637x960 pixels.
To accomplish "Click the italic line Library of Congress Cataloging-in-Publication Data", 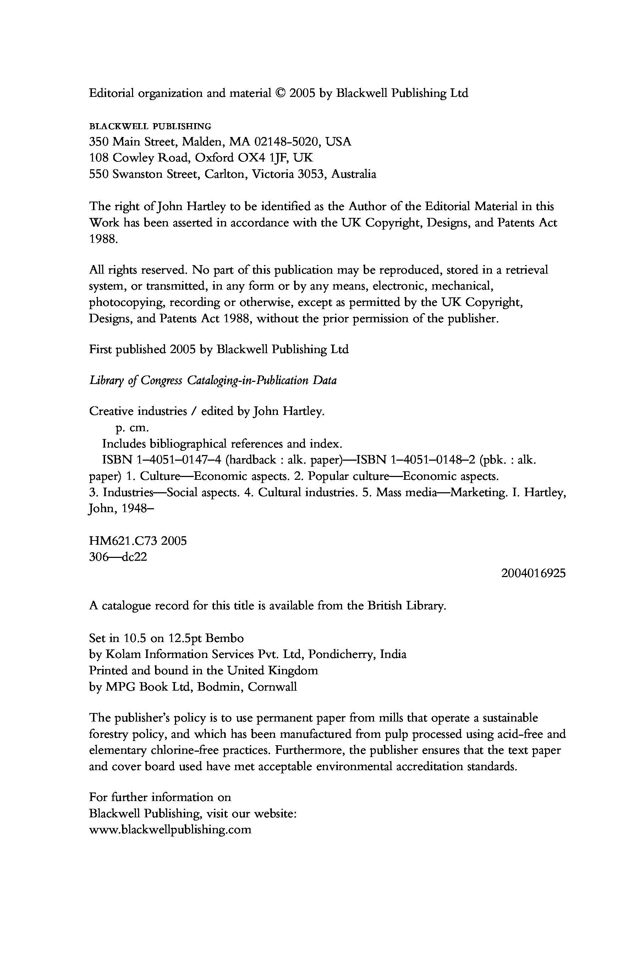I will tap(213, 381).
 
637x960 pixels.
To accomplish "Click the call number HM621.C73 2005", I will tap(138, 541).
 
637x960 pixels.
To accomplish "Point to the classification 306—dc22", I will tap(118, 557).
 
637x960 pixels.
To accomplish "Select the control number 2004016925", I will tap(533, 573).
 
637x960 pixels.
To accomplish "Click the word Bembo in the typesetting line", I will tap(225, 638).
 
